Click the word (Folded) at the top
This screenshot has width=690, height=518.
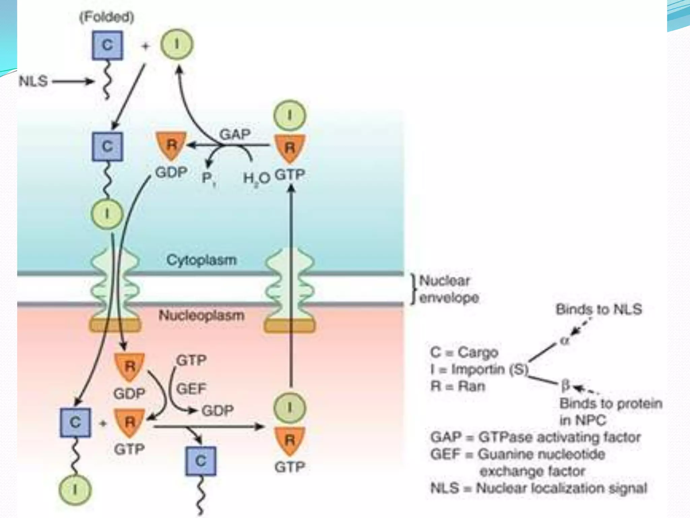pos(107,17)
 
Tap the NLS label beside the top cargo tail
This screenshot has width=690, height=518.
pos(33,81)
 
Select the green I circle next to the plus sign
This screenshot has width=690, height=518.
pos(177,45)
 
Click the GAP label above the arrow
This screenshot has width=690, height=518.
pos(235,134)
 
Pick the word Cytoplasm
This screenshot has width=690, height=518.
pos(201,260)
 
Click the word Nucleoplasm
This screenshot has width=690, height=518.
pos(201,315)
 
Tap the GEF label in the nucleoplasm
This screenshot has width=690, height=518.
pos(191,389)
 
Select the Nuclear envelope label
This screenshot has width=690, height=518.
pos(448,289)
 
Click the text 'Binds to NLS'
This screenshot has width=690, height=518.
pos(599,309)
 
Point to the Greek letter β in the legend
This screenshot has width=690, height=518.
pos(565,385)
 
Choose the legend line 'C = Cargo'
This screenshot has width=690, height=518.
pos(464,352)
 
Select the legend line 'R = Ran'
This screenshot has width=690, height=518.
pos(458,386)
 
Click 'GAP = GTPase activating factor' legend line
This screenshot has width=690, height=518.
pos(535,437)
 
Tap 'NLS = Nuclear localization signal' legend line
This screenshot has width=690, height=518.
pos(538,488)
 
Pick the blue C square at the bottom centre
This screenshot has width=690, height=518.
pos(201,461)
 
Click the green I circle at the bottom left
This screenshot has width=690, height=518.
pos(75,489)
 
